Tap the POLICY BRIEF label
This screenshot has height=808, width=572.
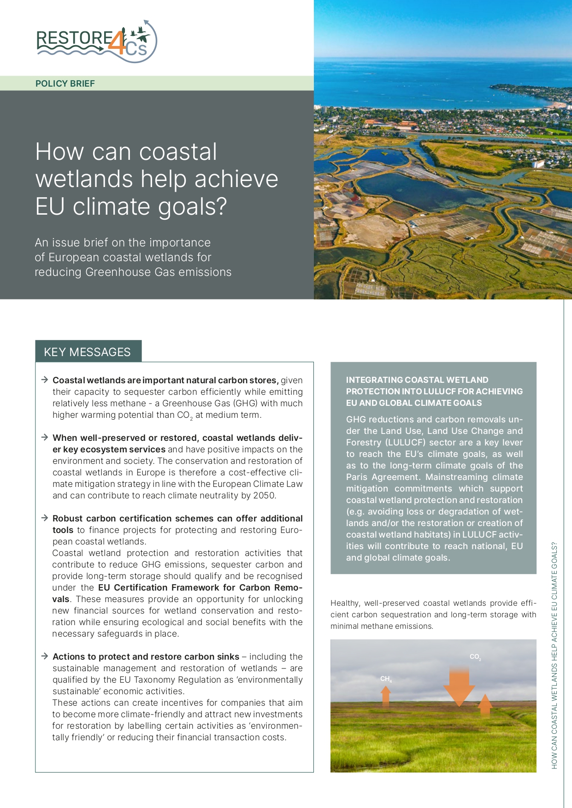[65, 83]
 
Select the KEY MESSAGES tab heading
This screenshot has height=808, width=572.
[88, 352]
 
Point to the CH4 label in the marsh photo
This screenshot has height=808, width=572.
[386, 679]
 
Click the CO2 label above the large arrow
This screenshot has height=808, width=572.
[475, 656]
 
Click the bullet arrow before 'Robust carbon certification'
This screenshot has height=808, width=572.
[45, 518]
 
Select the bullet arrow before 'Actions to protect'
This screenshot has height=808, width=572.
[45, 656]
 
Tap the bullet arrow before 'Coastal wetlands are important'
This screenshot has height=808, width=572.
[45, 380]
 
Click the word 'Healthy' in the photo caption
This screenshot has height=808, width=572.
[344, 603]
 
